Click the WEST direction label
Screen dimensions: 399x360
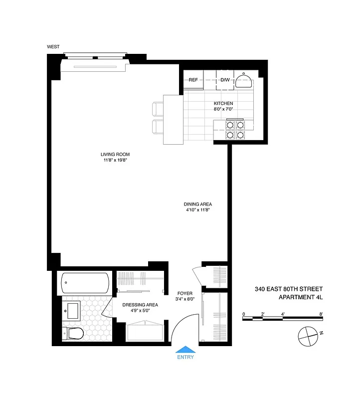[53, 47]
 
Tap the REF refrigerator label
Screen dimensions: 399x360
[193, 80]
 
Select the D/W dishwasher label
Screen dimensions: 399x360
[225, 80]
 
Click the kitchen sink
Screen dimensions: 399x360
[244, 81]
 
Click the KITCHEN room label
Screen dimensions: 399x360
[220, 104]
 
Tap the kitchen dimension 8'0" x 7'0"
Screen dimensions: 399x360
[220, 110]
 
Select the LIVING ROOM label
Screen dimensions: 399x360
[116, 154]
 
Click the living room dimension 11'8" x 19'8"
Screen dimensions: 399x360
[116, 160]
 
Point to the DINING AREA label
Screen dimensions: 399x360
[198, 204]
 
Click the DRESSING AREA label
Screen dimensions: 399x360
[141, 305]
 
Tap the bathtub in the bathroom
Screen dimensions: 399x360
[84, 283]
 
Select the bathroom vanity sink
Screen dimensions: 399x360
[72, 311]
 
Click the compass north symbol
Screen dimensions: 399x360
[308, 335]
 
